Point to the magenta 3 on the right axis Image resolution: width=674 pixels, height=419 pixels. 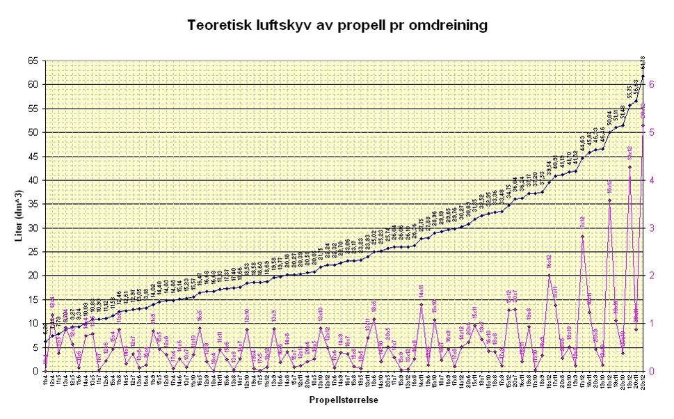652,228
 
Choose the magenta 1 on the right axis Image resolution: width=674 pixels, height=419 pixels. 652,324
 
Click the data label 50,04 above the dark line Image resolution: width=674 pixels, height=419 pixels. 609,116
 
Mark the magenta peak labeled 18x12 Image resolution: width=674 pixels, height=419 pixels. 609,200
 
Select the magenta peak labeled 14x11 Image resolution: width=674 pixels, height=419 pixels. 421,303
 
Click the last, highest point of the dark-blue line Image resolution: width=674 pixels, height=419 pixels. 643,76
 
